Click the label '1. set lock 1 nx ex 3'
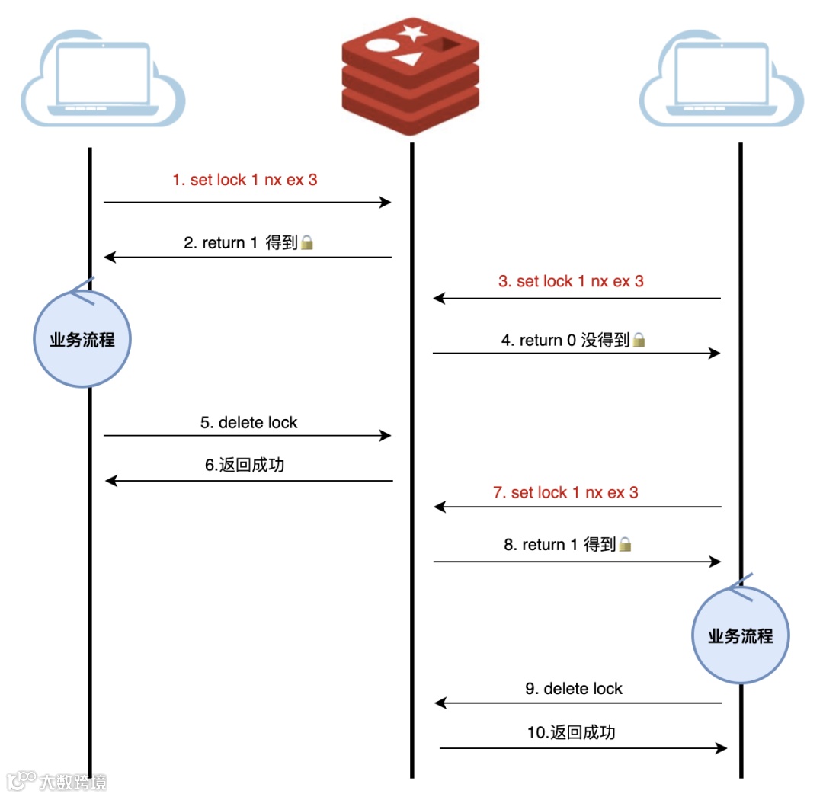pyautogui.click(x=245, y=181)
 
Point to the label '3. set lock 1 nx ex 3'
pyautogui.click(x=571, y=281)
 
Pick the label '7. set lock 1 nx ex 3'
pyautogui.click(x=565, y=493)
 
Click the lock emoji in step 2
pyautogui.click(x=307, y=243)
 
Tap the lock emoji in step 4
pyautogui.click(x=639, y=341)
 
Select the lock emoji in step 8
pyautogui.click(x=625, y=545)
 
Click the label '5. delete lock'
pyautogui.click(x=249, y=423)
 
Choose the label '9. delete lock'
pyautogui.click(x=574, y=689)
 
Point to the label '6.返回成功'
pyautogui.click(x=245, y=465)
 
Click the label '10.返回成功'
pyautogui.click(x=572, y=733)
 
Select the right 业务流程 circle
pyautogui.click(x=740, y=635)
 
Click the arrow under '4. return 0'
pyautogui.click(x=577, y=354)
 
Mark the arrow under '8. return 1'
pyautogui.click(x=577, y=562)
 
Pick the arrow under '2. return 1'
pyautogui.click(x=248, y=258)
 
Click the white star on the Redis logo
pyautogui.click(x=412, y=33)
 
